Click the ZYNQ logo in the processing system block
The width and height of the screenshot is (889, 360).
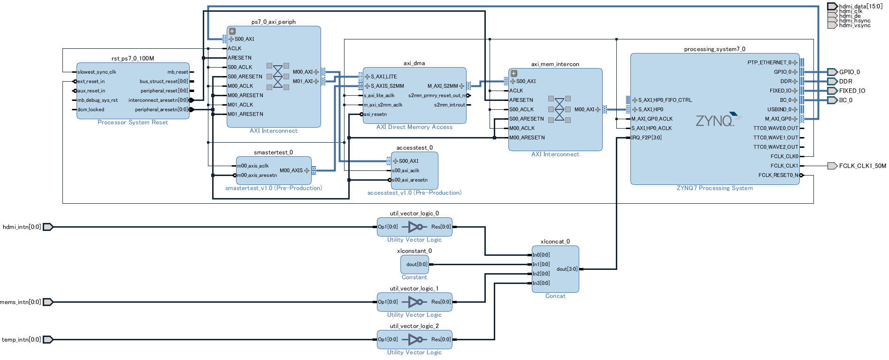tap(715, 120)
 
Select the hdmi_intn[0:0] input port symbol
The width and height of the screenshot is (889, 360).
tap(48, 227)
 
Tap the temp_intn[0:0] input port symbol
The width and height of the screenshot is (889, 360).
tap(48, 339)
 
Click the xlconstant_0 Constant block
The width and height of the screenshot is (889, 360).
tap(414, 264)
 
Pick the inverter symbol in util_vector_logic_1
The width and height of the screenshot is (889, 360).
tap(416, 302)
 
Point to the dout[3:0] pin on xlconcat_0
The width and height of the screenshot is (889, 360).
tap(567, 269)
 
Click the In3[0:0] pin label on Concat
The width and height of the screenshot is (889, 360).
tap(541, 283)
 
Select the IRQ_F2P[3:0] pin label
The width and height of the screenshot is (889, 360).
tap(646, 138)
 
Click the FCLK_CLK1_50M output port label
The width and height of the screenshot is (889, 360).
tap(862, 166)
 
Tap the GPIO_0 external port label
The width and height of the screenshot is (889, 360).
tap(849, 72)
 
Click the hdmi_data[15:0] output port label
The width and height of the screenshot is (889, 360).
tap(860, 6)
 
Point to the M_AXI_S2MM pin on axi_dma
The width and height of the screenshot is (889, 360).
tap(443, 86)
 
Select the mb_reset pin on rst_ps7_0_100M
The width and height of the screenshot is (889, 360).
tap(177, 72)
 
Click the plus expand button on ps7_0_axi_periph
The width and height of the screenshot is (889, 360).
tap(232, 31)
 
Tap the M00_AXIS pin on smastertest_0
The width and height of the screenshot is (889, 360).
tap(291, 170)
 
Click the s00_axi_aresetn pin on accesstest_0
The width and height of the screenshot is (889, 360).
tap(410, 180)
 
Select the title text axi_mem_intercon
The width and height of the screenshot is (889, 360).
tap(555, 64)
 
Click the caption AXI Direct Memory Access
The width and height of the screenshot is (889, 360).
tap(414, 127)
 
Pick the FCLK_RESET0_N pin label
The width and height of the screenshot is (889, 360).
tap(778, 175)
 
